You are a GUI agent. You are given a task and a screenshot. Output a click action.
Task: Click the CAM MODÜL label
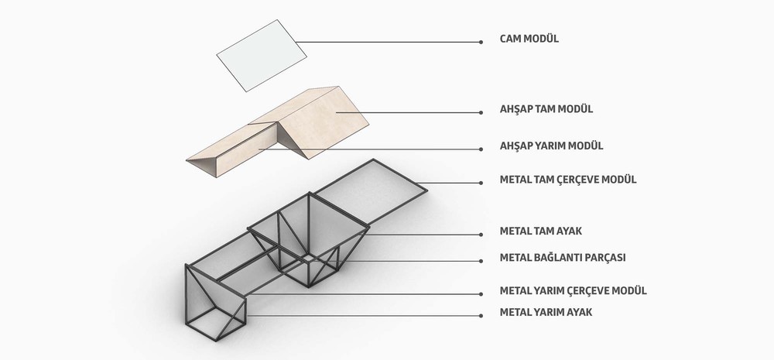[529, 39]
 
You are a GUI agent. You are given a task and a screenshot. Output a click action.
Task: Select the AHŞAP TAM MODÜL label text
[546, 109]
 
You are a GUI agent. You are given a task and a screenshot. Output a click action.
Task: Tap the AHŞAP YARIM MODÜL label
[551, 146]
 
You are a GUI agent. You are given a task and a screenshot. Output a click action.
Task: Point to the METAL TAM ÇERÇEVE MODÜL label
[568, 180]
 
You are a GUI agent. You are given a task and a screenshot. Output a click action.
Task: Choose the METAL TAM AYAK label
[541, 231]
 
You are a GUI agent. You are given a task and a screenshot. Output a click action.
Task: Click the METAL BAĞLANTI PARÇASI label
[563, 258]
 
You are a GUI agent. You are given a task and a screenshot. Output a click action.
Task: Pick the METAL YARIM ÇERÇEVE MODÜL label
[573, 290]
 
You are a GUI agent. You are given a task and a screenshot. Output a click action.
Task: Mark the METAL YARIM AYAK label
[546, 312]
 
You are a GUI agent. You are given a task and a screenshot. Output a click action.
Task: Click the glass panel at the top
[262, 55]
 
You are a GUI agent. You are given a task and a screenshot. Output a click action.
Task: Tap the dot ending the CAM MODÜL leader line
[481, 43]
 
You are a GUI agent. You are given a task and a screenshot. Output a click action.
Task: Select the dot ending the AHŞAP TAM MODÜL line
[481, 112]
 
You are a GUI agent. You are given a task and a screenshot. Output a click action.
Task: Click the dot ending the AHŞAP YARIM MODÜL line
[481, 149]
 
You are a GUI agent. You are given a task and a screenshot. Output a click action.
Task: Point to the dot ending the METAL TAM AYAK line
[481, 235]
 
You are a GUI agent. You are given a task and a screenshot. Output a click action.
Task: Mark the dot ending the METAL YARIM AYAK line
[481, 316]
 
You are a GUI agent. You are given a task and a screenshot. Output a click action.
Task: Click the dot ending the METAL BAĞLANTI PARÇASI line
[481, 261]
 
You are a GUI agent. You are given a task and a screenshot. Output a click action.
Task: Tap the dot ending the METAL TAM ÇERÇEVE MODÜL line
[481, 183]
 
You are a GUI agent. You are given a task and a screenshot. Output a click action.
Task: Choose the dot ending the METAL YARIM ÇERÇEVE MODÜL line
[481, 294]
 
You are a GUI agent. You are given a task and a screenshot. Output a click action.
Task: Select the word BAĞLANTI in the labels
[558, 257]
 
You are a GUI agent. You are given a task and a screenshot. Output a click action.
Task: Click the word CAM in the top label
[510, 39]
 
